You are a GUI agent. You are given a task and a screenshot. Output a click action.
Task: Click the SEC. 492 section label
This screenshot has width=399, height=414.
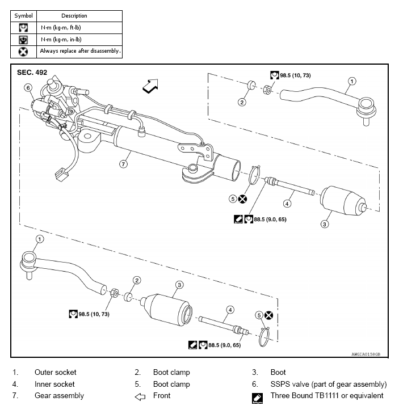[x=32, y=73]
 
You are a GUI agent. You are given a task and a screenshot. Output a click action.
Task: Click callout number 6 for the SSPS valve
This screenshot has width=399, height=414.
[x=27, y=87]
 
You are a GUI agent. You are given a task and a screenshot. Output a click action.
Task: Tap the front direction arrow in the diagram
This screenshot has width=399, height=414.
[x=151, y=86]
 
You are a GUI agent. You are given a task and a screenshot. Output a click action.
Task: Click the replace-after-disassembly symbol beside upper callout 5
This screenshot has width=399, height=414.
[x=242, y=198]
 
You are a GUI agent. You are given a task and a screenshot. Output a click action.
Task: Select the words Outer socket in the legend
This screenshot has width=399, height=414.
[x=55, y=373]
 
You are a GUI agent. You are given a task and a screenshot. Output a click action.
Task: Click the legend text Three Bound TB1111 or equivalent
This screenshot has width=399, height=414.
[x=327, y=396]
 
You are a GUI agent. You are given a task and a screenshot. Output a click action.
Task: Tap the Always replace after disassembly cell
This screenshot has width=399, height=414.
[x=80, y=51]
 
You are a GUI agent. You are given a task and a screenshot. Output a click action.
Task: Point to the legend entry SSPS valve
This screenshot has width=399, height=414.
[x=329, y=384]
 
